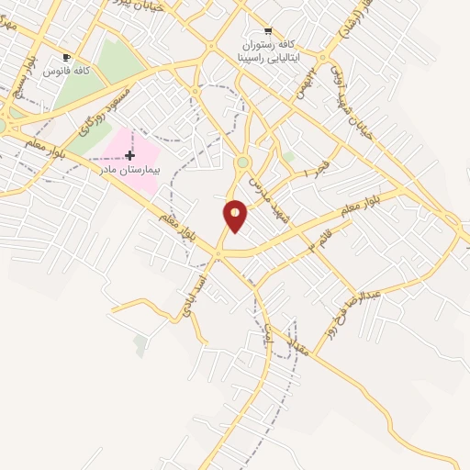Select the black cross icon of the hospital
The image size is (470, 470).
tap(129, 155)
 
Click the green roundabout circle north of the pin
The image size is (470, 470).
tap(242, 162)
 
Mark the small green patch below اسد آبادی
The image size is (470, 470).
tap(140, 344)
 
